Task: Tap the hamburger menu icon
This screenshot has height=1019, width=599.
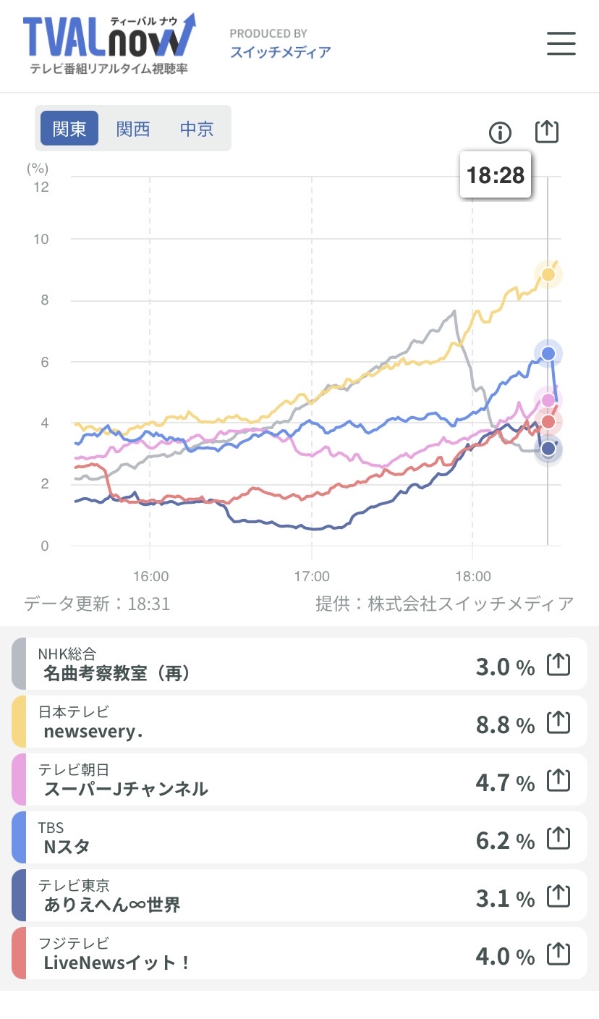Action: point(561,44)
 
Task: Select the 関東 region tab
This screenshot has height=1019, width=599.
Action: point(69,129)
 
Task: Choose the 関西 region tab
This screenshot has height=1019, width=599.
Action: point(133,129)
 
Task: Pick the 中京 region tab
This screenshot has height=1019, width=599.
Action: point(197,129)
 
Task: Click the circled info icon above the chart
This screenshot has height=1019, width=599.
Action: point(500,132)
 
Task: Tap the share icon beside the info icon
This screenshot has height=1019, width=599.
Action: point(547,132)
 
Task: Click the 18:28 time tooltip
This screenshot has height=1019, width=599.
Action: point(496,175)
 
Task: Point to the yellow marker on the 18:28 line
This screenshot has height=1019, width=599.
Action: point(548,274)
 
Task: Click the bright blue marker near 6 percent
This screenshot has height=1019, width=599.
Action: point(548,353)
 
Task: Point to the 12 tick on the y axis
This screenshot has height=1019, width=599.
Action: point(41,187)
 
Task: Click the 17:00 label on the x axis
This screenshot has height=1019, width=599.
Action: point(312,577)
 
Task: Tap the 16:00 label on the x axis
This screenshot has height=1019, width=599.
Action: point(150,577)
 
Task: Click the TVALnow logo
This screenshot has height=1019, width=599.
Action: point(109,42)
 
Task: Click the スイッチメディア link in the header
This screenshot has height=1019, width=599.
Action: point(281,52)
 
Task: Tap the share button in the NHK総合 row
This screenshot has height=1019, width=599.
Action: point(558,664)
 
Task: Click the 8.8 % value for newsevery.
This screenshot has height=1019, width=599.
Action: point(505,724)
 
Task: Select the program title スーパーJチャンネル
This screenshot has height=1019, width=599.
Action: point(126,789)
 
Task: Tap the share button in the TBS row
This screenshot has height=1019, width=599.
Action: point(558,838)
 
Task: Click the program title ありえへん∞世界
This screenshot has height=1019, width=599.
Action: point(112,905)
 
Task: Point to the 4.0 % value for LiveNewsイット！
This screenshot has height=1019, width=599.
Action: point(505,956)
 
